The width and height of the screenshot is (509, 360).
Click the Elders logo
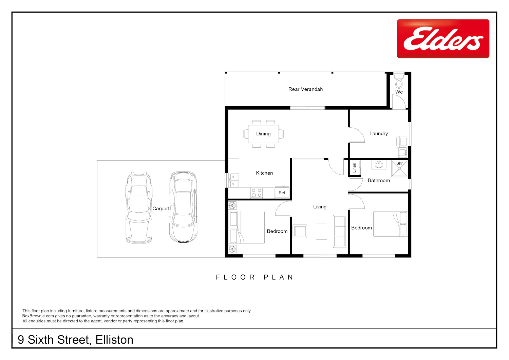pos(443,38)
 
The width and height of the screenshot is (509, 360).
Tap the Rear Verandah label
pos(305,89)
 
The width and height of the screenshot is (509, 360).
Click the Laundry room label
pos(379,133)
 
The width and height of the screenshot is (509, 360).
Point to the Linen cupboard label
pos(354,168)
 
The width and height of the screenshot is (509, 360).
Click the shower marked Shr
pos(399,168)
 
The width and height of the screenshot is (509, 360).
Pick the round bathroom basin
pos(379,164)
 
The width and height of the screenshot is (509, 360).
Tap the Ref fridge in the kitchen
pos(282,192)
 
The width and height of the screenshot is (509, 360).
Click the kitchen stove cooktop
pos(257,193)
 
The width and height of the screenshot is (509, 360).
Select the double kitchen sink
pos(233,180)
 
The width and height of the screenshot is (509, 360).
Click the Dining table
pos(263,134)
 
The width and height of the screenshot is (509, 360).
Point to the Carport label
pos(161,209)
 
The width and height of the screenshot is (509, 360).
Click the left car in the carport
pos(139,208)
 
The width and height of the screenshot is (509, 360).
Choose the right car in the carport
pos(183,207)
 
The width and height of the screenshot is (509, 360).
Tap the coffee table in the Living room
pos(321,231)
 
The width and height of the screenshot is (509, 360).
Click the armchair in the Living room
pos(300,231)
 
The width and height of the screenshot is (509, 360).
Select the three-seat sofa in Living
pos(340,231)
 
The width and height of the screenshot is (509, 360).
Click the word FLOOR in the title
pos(235,277)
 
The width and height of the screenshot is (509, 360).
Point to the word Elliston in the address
pos(114,340)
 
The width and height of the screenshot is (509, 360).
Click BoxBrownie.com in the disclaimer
pos(38,316)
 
